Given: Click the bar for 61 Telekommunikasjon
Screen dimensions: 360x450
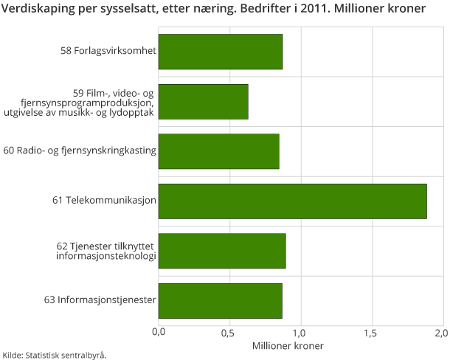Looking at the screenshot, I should click(292, 201).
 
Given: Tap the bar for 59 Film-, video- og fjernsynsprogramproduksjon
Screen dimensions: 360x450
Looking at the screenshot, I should click(203, 102).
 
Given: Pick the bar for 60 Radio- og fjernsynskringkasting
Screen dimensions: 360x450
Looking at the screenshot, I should click(218, 151).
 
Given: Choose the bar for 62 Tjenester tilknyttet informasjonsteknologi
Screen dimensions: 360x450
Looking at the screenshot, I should click(221, 251).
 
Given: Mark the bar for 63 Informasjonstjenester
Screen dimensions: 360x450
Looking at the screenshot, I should click(220, 301).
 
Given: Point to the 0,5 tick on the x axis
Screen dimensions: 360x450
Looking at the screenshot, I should click(229, 332).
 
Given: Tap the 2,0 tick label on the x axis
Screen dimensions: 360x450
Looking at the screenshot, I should click(441, 332).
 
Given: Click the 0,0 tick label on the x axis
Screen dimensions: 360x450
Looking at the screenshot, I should click(159, 332).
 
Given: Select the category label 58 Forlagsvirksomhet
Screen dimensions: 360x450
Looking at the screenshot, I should click(108, 52).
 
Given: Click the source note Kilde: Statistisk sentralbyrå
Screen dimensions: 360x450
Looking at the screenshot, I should click(55, 355).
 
